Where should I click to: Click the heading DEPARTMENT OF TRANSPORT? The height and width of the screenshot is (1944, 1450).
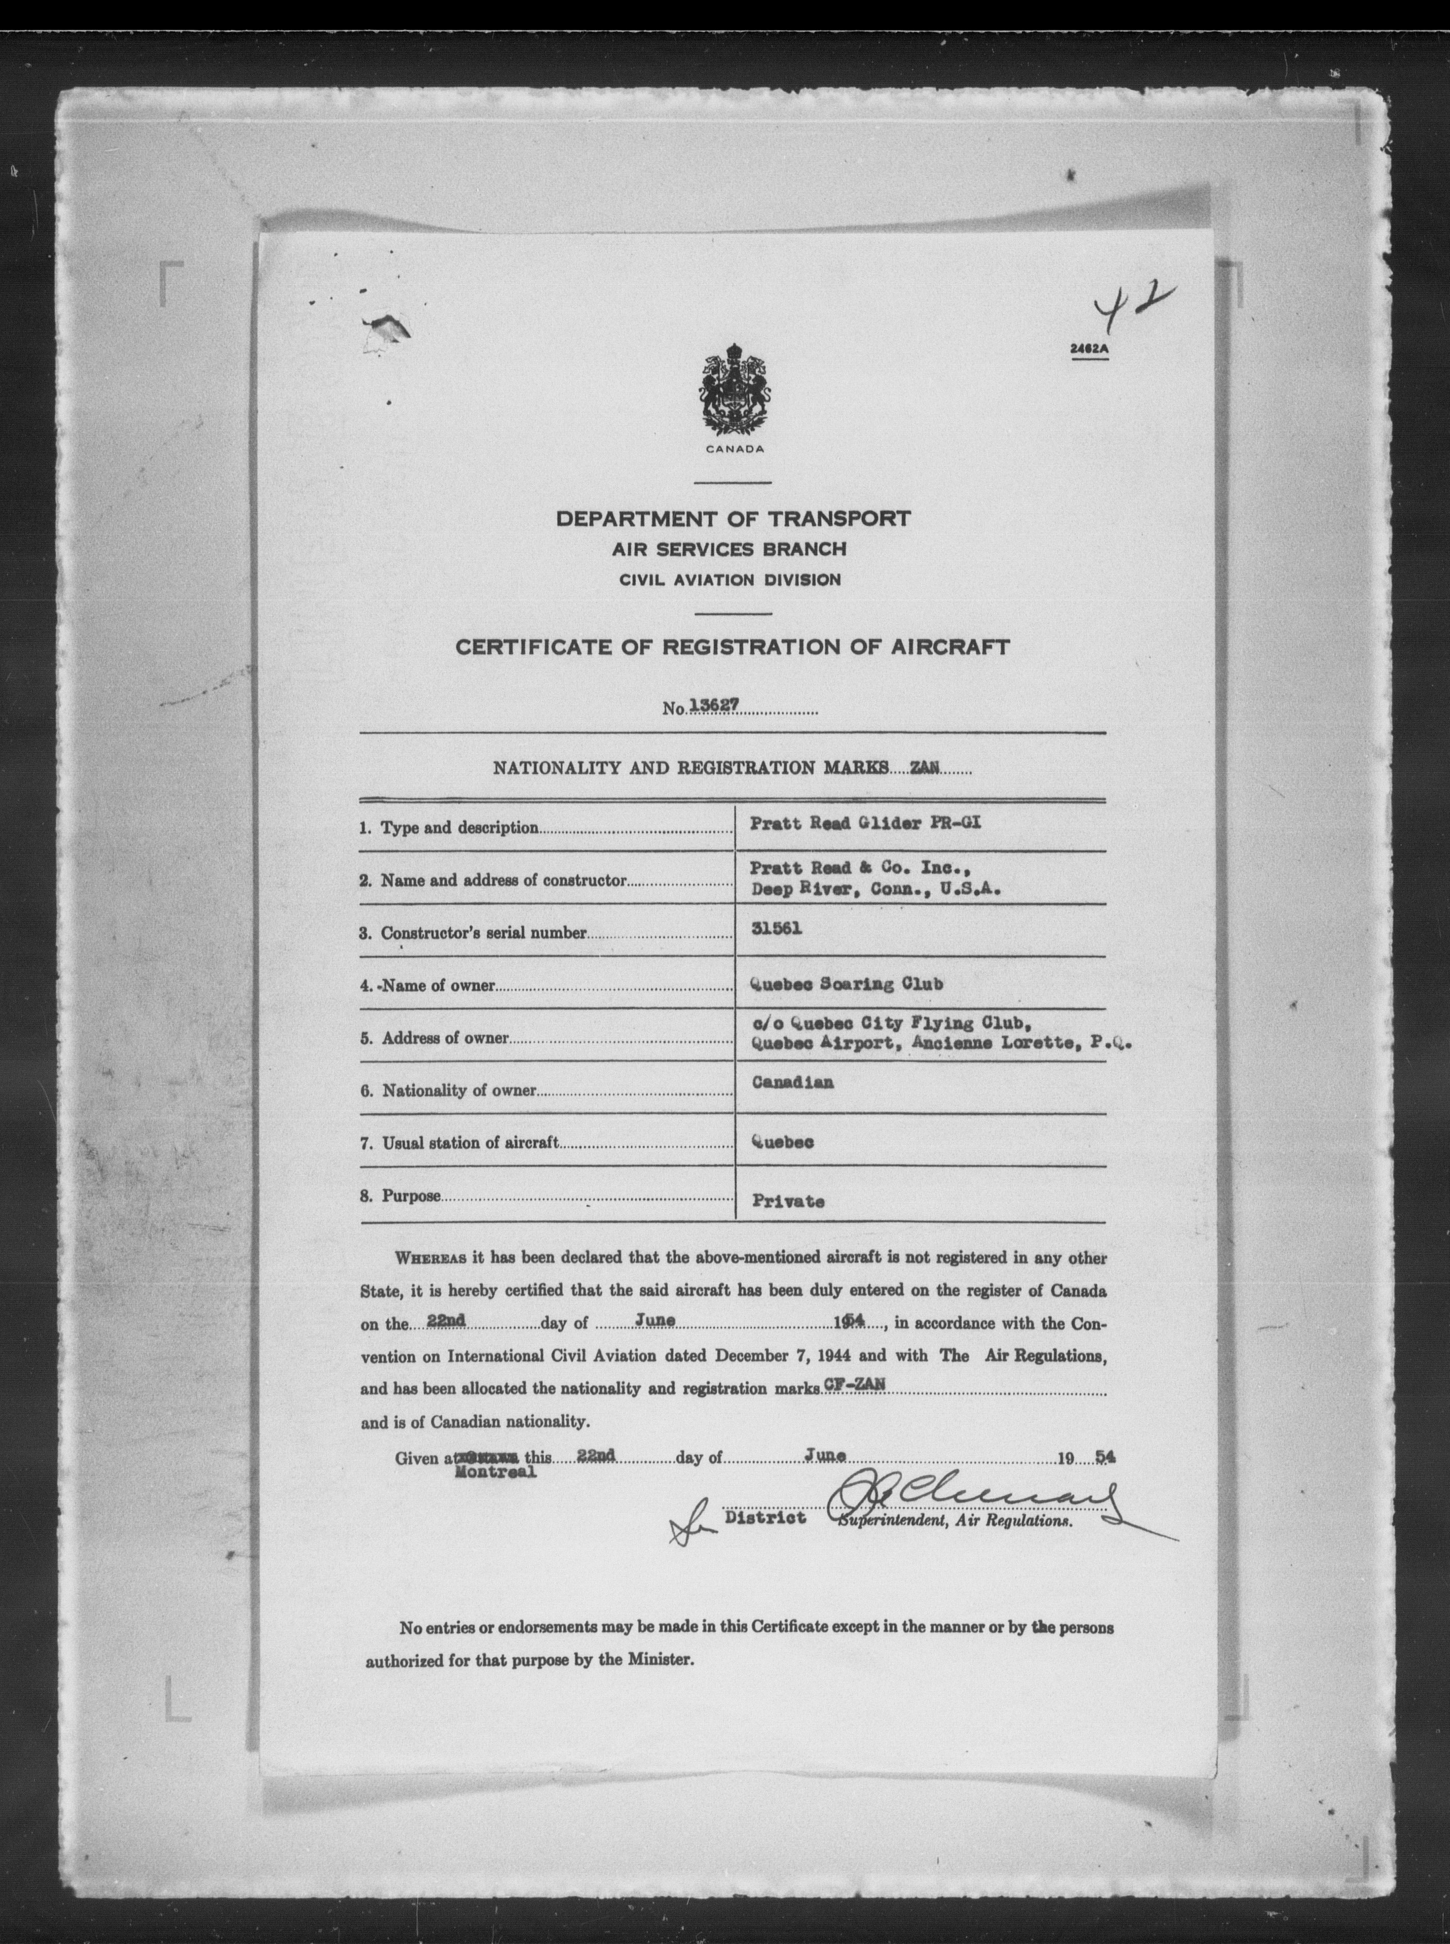click(733, 519)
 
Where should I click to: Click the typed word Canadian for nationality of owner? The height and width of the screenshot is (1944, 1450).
click(792, 1082)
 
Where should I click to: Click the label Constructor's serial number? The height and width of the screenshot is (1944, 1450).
click(483, 933)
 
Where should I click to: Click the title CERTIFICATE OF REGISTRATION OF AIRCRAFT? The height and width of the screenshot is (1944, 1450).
click(733, 648)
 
